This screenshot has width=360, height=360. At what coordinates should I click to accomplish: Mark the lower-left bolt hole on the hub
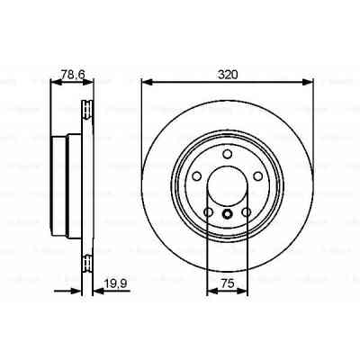[208, 212]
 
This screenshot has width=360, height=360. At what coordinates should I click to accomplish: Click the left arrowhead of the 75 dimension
[211, 291]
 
